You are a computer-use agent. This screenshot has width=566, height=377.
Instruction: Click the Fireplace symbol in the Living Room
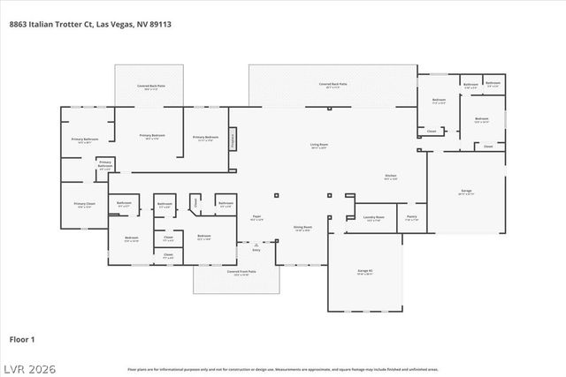[233, 139]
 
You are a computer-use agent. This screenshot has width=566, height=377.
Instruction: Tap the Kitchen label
[391, 177]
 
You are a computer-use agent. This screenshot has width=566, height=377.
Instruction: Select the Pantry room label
[412, 217]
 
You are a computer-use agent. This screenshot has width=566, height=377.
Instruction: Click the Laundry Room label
[373, 217]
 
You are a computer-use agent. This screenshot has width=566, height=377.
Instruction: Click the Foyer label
[257, 216]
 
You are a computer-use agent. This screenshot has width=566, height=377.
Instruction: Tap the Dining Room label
[303, 228]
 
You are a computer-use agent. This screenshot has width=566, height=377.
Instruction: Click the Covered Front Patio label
[241, 272]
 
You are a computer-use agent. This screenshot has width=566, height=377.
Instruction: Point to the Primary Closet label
[84, 206]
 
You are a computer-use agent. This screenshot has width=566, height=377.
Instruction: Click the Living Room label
[318, 146]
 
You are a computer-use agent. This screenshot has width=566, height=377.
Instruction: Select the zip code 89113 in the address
[160, 25]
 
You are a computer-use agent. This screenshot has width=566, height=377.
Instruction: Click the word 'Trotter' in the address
[67, 25]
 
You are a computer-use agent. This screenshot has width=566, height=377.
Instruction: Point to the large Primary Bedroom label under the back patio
[152, 136]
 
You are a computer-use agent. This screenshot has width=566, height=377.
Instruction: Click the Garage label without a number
[466, 191]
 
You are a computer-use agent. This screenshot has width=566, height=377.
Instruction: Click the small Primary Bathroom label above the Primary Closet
[105, 163]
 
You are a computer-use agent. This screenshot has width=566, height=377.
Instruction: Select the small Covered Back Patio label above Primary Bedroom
[149, 86]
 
